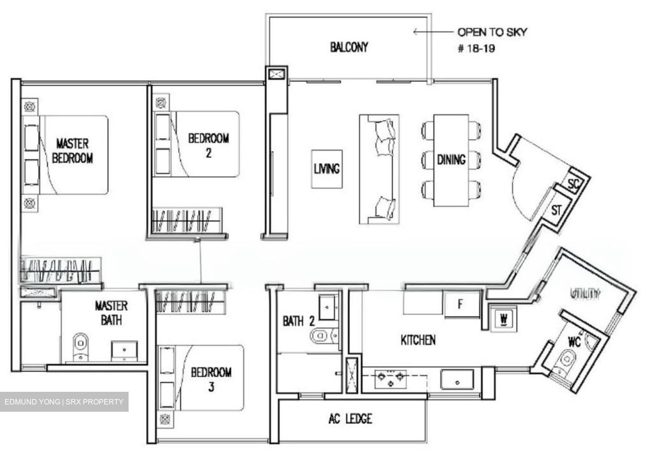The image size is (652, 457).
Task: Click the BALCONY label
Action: tap(349, 47)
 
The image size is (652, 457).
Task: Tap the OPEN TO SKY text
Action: tap(492, 32)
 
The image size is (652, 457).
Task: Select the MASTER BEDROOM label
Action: tap(72, 151)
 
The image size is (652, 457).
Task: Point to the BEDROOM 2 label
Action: tap(208, 145)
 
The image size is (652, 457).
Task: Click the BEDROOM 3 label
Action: tap(211, 379)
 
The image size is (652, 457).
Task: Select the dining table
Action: tap(451, 160)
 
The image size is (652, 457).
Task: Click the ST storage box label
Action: tap(556, 211)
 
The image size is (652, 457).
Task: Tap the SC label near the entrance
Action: tap(574, 184)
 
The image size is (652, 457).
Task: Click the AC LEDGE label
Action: tap(350, 419)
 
